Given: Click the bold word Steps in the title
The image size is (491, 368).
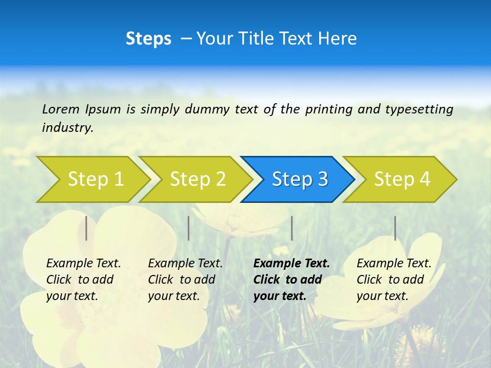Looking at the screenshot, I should pos(148,39).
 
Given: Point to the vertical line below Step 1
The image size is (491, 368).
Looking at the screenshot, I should pos(86,228).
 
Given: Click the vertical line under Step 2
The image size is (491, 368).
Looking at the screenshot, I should pos(189,228).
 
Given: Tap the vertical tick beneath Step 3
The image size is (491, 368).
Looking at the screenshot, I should pos(292,228).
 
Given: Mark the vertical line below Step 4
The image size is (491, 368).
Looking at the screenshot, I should pos(395,228).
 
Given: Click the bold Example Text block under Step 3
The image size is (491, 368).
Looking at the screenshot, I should pos(292,280).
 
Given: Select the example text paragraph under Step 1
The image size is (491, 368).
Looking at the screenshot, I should pos(83,280).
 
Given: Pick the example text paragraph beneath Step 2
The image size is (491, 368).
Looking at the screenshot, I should pos(185,280).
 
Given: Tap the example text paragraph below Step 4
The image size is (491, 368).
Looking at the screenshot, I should pos(394,280).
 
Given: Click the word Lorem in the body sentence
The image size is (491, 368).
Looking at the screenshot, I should pos(61,109).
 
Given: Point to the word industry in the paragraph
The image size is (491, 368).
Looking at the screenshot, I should pos(67,127).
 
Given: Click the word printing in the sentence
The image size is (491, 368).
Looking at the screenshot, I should pos(328,109).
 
